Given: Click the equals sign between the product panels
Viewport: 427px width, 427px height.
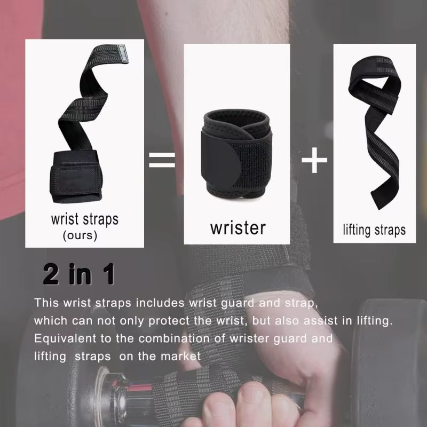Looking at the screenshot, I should point(162,160).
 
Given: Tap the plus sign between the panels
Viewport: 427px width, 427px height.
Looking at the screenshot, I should point(314,161).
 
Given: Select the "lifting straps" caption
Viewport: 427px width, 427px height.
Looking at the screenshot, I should point(374,230).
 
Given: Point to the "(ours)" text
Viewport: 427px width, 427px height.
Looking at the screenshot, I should point(80,235).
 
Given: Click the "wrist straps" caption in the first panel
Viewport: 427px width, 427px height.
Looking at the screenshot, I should point(84,219).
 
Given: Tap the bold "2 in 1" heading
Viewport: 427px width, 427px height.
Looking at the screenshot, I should point(79,274).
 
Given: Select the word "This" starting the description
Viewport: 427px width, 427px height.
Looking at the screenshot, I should point(46,303).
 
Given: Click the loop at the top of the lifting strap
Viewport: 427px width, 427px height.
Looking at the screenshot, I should point(368,80).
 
